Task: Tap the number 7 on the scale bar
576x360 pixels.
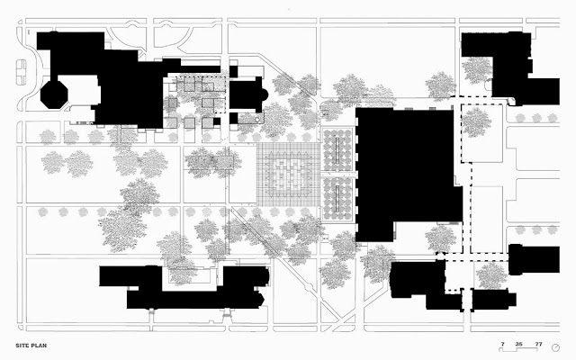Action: (503, 343)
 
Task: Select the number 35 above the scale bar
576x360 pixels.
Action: (519, 343)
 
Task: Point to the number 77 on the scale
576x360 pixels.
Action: (538, 343)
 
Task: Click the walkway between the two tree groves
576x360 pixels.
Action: (339, 174)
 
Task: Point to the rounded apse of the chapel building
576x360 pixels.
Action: (260, 94)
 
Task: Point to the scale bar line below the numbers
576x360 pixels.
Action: (521, 351)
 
